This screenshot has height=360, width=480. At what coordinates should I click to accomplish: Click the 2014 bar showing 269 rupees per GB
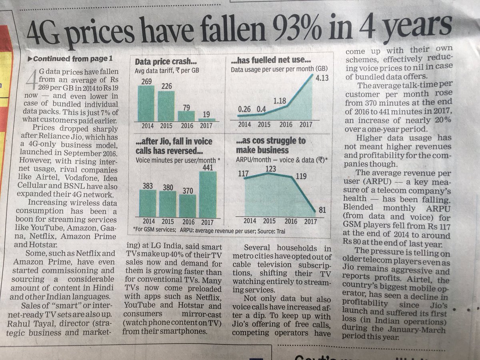coord(146,103)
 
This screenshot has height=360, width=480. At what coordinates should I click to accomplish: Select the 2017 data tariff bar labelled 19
coord(207,120)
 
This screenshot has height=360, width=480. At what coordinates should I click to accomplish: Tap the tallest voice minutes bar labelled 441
coord(208,194)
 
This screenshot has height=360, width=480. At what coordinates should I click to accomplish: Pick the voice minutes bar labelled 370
coord(188,206)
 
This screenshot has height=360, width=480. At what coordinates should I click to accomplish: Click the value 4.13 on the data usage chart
coord(322,78)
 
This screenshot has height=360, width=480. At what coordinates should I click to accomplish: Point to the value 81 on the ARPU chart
coord(322,210)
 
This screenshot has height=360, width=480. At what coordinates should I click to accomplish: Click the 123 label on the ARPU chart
coord(271,169)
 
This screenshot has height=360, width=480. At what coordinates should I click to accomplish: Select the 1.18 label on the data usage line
coord(280,101)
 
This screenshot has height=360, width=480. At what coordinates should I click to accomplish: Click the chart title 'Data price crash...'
coord(166,62)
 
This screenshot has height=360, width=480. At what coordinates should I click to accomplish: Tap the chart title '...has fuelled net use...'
coord(271,60)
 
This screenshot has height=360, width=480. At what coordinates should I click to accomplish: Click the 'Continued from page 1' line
coord(70,58)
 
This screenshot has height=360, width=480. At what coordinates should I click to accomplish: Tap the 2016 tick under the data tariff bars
coord(187,126)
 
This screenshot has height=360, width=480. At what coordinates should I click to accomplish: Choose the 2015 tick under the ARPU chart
coord(269,221)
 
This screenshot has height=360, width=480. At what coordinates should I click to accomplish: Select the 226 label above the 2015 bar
coord(167,86)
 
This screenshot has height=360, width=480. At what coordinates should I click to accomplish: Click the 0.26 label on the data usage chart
coord(244,109)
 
